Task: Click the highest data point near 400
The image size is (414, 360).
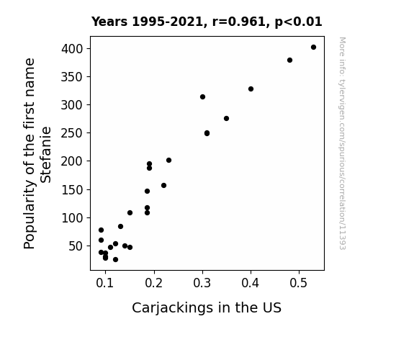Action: point(313,48)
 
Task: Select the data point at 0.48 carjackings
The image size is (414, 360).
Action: point(289,60)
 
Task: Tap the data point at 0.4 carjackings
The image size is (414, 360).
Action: point(251,89)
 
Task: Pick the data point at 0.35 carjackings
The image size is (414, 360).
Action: point(226,118)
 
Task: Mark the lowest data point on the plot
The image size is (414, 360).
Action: point(115,260)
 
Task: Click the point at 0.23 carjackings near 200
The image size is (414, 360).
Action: point(168,161)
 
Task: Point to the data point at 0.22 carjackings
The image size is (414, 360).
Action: point(163,186)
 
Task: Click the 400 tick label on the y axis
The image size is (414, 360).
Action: point(72,49)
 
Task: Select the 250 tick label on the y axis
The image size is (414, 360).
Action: point(72,133)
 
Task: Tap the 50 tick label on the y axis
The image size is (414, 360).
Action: point(76,246)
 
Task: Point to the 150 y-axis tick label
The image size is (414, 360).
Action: point(72,189)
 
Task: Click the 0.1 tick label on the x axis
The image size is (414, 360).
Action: point(105,283)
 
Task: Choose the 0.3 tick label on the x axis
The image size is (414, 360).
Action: point(202,283)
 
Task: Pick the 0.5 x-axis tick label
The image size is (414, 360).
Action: point(299,283)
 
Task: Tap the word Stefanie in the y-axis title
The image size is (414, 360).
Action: point(45,155)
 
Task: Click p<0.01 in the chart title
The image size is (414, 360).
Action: point(298,22)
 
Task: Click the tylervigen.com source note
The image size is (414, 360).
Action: point(342,143)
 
